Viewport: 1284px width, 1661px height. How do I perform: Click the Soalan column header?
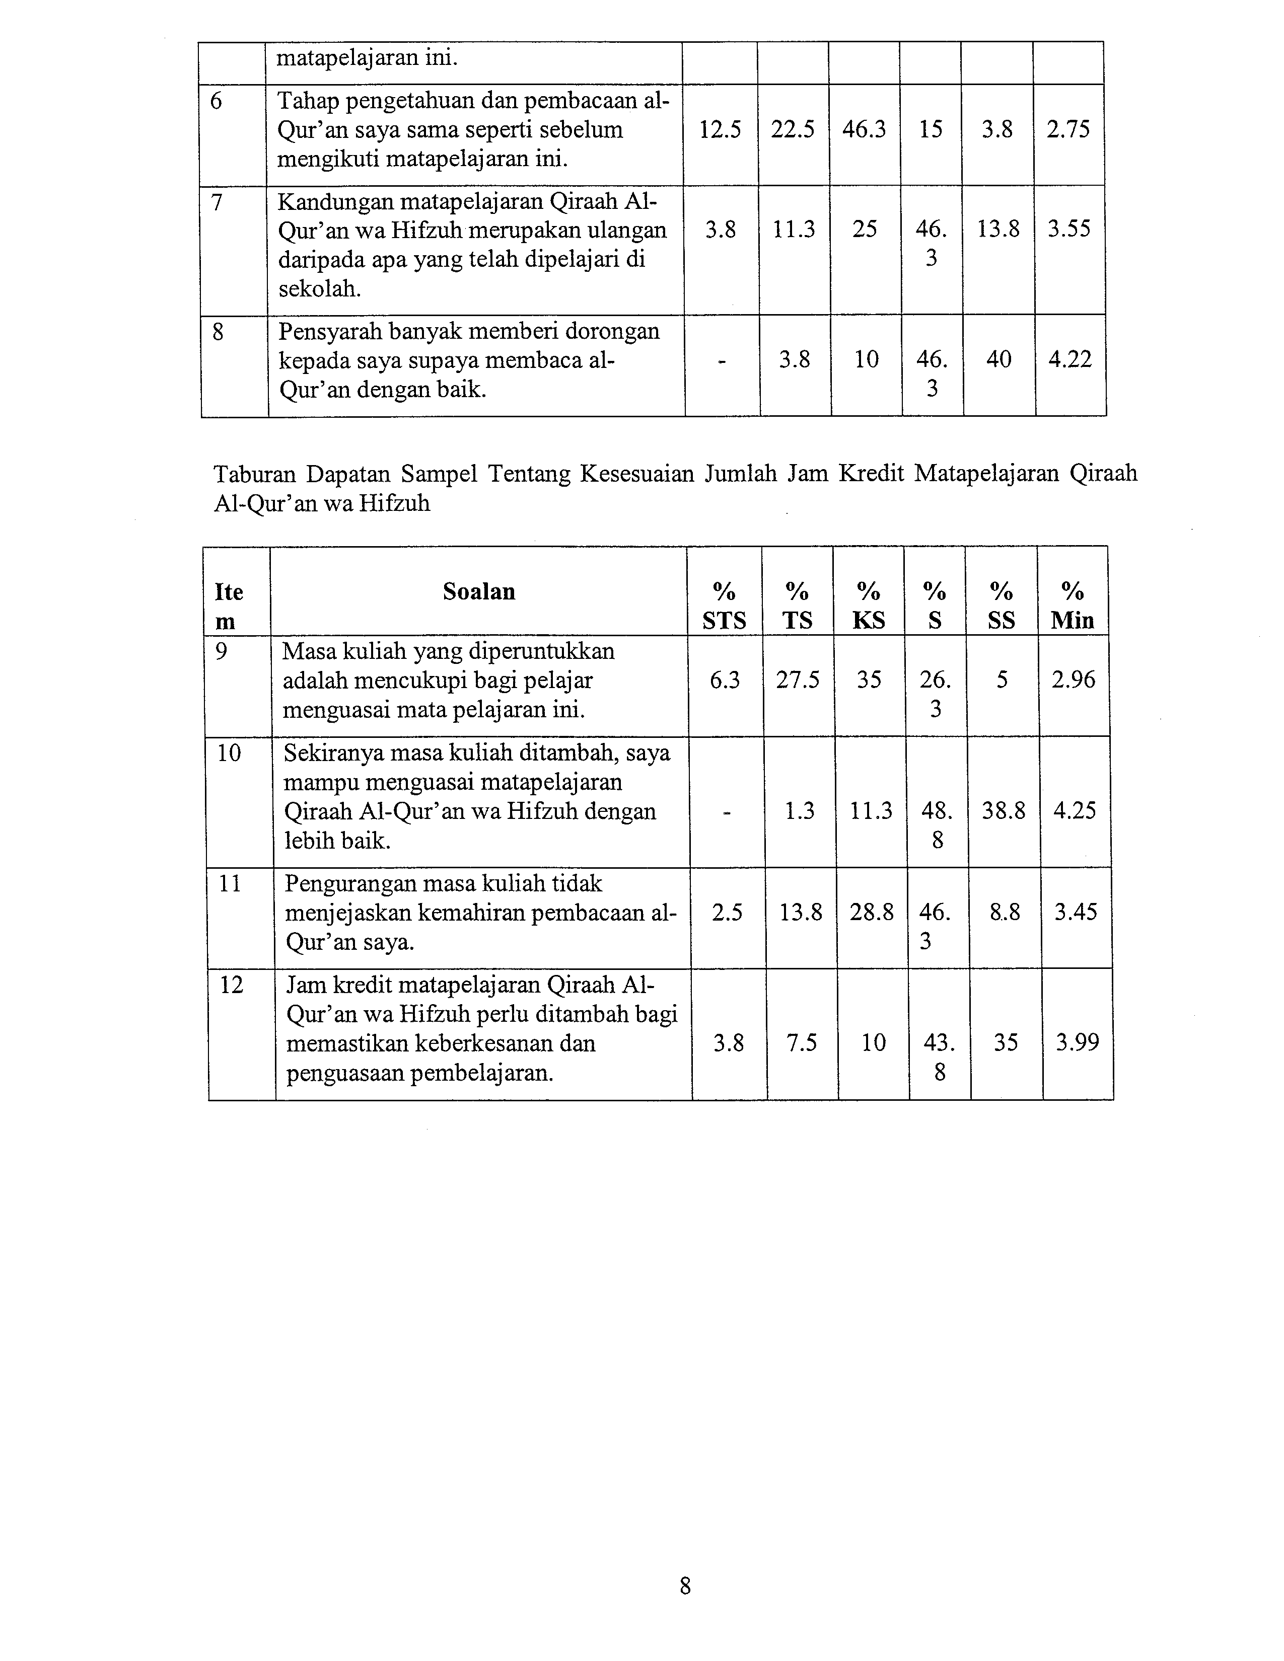pyautogui.click(x=479, y=592)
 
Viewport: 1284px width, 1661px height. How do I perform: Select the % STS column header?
pyautogui.click(x=724, y=606)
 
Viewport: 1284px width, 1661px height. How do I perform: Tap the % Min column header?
pyautogui.click(x=1073, y=606)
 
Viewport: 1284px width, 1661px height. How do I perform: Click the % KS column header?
pyautogui.click(x=869, y=606)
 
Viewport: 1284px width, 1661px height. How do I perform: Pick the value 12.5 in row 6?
pyautogui.click(x=720, y=130)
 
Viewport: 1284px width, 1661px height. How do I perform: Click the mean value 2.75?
pyautogui.click(x=1068, y=130)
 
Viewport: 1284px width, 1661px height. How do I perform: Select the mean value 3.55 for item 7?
pyautogui.click(x=1068, y=229)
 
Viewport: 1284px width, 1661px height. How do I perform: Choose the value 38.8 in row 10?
pyautogui.click(x=1004, y=811)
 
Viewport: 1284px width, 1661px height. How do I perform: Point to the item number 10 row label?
pyautogui.click(x=229, y=753)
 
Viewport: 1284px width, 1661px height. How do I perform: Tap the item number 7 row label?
pyautogui.click(x=217, y=202)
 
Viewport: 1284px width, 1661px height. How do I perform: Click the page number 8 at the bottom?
pyautogui.click(x=685, y=1587)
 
